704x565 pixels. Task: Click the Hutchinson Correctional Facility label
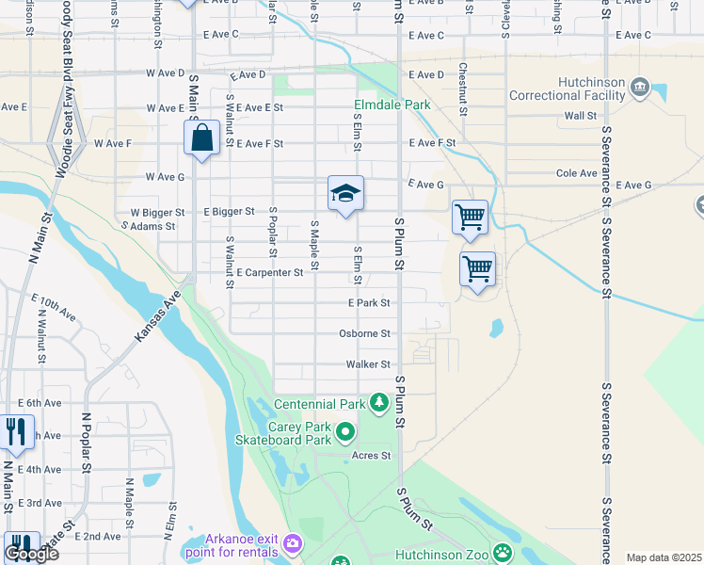[x=568, y=89]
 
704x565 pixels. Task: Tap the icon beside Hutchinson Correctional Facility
[x=640, y=88]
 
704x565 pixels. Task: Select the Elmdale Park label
[x=392, y=105]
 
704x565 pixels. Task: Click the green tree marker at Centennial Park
[x=379, y=403]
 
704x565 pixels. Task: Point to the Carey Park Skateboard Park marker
[x=345, y=432]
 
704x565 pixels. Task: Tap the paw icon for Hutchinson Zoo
[x=504, y=553]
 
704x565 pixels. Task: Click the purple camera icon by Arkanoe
[x=293, y=543]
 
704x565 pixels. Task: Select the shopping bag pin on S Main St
[x=202, y=138]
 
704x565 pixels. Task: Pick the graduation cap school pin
[x=345, y=194]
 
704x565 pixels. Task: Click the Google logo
[x=31, y=554]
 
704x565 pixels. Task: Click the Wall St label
[x=580, y=116]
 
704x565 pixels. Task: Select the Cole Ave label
[x=578, y=173]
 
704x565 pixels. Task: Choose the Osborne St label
[x=365, y=333]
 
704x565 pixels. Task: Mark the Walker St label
[x=368, y=363]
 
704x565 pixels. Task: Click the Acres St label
[x=371, y=456]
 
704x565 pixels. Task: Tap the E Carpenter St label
[x=270, y=272]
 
